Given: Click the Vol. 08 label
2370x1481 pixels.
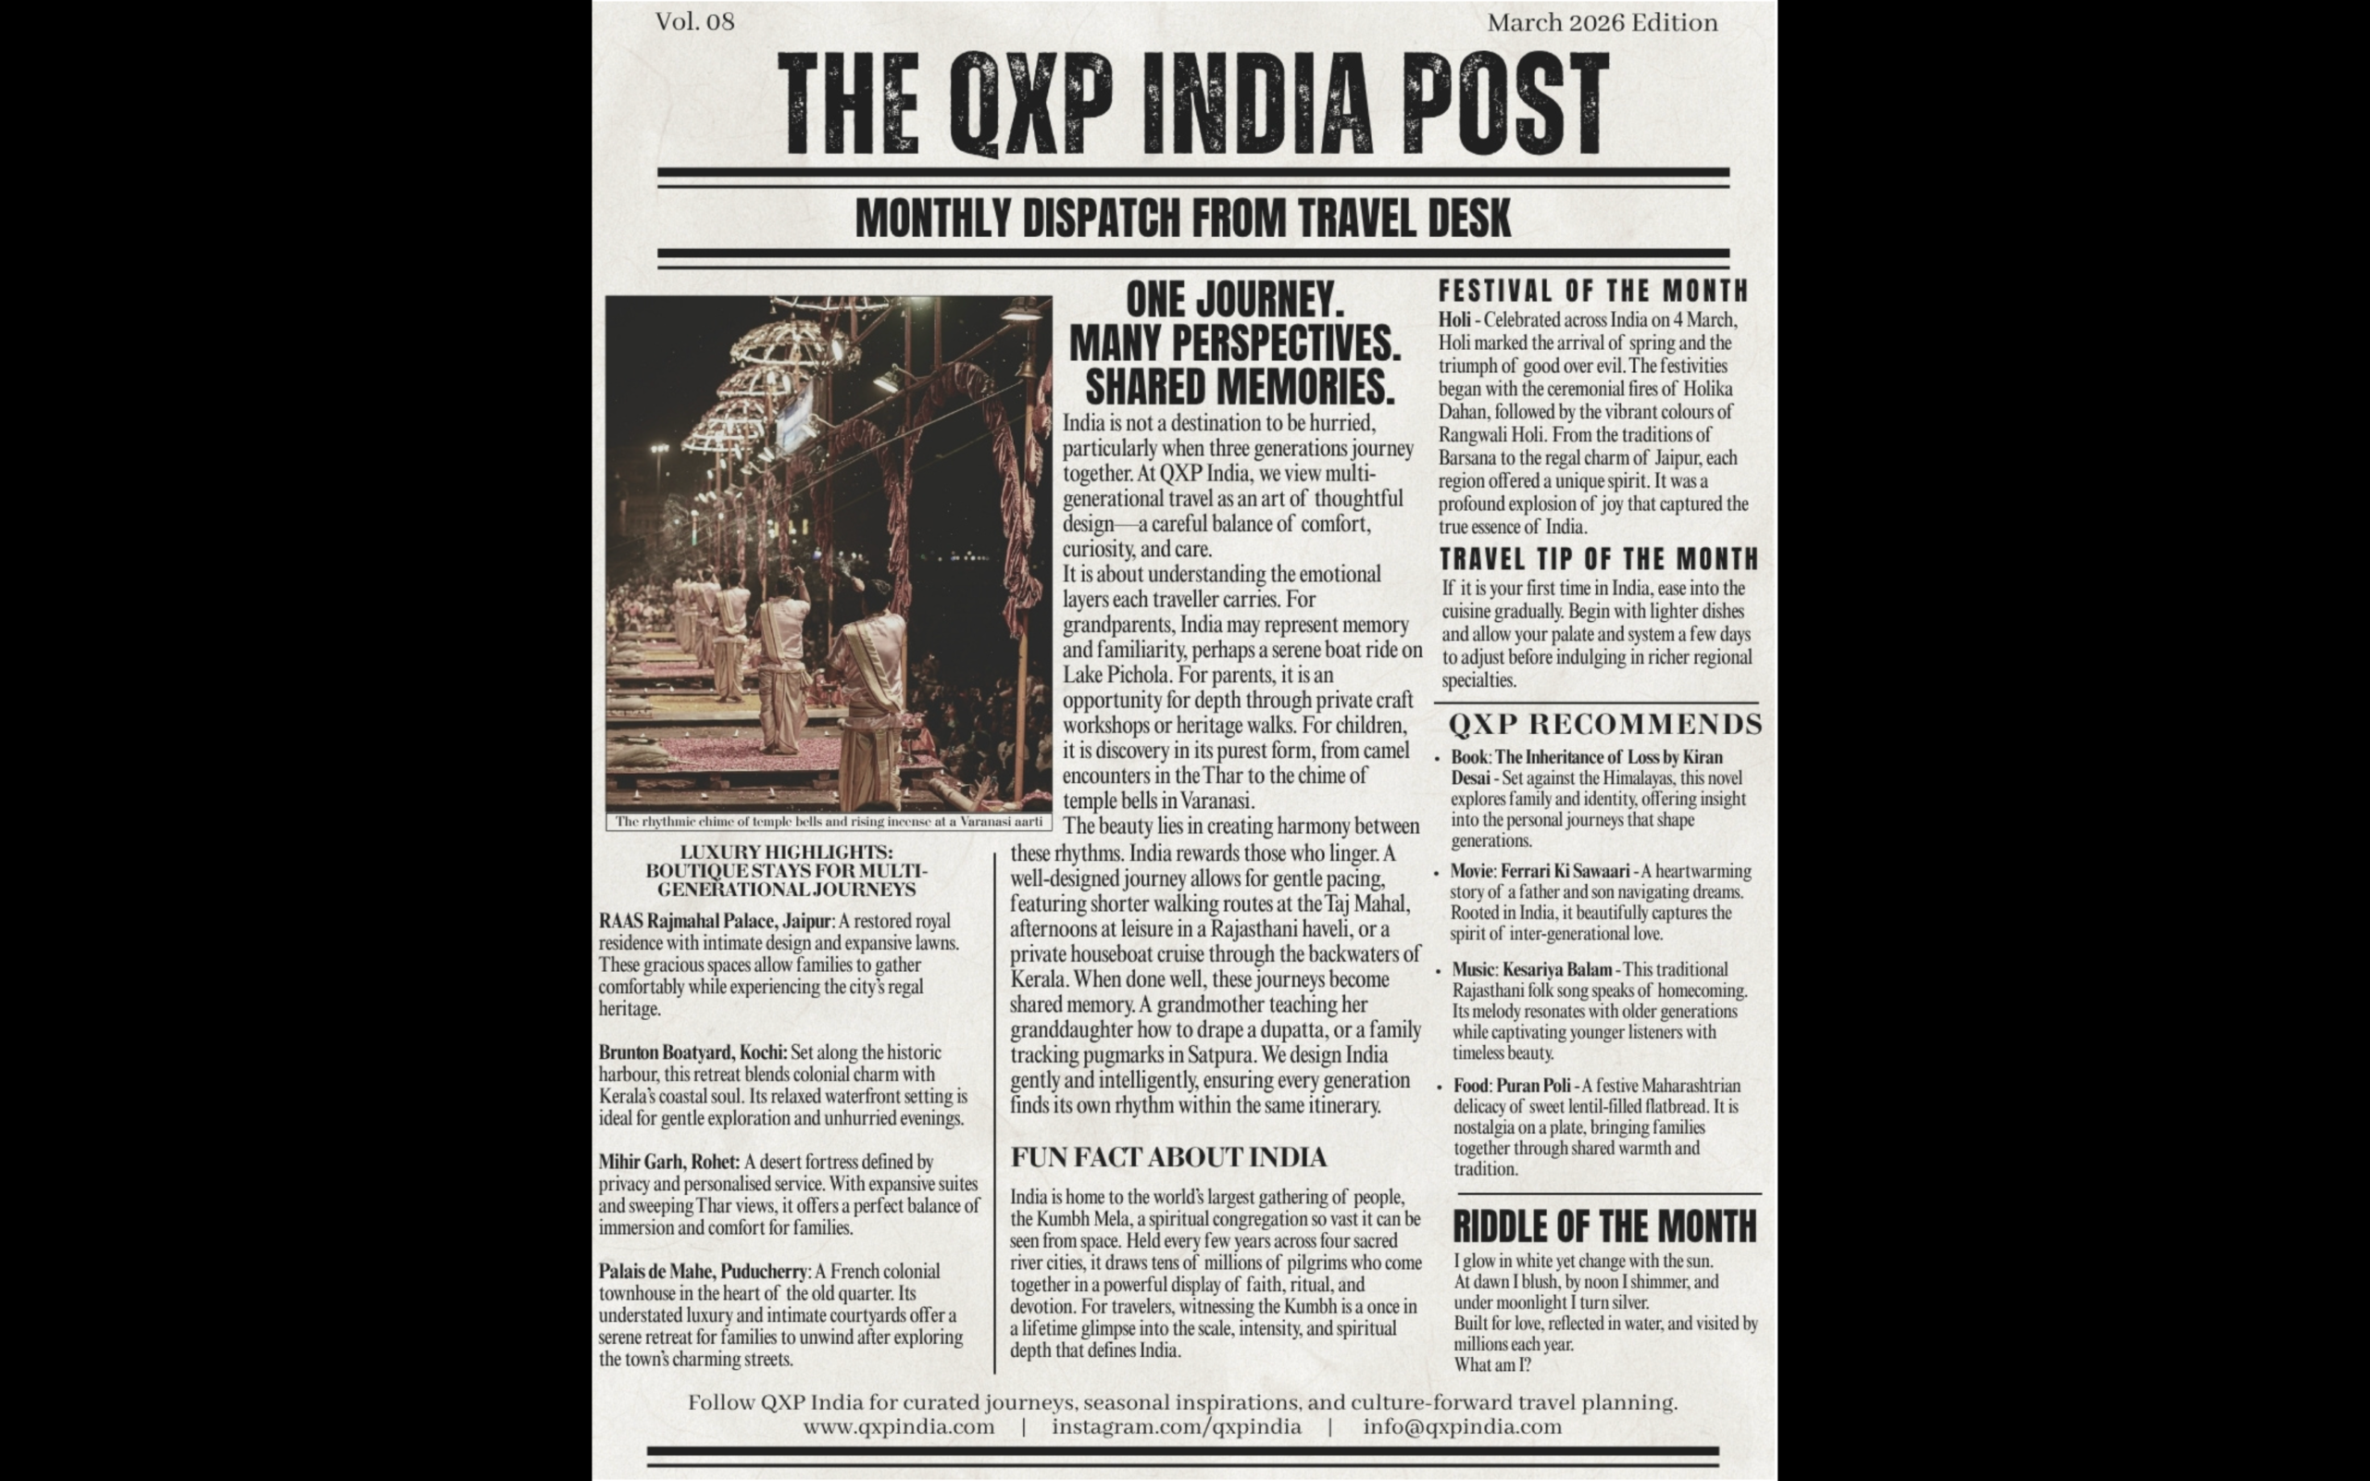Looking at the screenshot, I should pyautogui.click(x=694, y=21).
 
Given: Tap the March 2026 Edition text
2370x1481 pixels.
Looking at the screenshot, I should pyautogui.click(x=1602, y=22).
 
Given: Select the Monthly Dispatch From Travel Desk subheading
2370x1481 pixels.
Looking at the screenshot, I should pyautogui.click(x=1183, y=218).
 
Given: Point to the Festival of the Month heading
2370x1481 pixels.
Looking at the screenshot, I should pyautogui.click(x=1592, y=291).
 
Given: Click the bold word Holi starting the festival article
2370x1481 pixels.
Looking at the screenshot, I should pyautogui.click(x=1454, y=320).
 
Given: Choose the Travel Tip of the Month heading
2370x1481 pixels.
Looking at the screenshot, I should pyautogui.click(x=1598, y=559).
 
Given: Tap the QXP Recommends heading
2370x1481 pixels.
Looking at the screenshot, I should pyautogui.click(x=1604, y=725).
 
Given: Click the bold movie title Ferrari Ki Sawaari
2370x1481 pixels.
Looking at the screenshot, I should pyautogui.click(x=1565, y=871).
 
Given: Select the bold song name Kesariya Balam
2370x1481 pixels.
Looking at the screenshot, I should pyautogui.click(x=1556, y=970).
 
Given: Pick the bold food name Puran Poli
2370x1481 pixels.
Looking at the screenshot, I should pyautogui.click(x=1533, y=1085).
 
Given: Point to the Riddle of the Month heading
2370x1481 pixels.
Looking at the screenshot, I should pyautogui.click(x=1604, y=1226).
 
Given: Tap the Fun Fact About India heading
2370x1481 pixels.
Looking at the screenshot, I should pyautogui.click(x=1167, y=1158).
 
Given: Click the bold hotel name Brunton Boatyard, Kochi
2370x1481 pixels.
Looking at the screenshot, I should pyautogui.click(x=692, y=1053).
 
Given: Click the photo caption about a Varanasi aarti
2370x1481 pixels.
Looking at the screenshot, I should pyautogui.click(x=829, y=822).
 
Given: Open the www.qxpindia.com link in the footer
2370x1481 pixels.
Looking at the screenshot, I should pyautogui.click(x=898, y=1427).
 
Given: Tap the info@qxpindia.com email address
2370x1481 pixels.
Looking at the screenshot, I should pyautogui.click(x=1462, y=1427).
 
